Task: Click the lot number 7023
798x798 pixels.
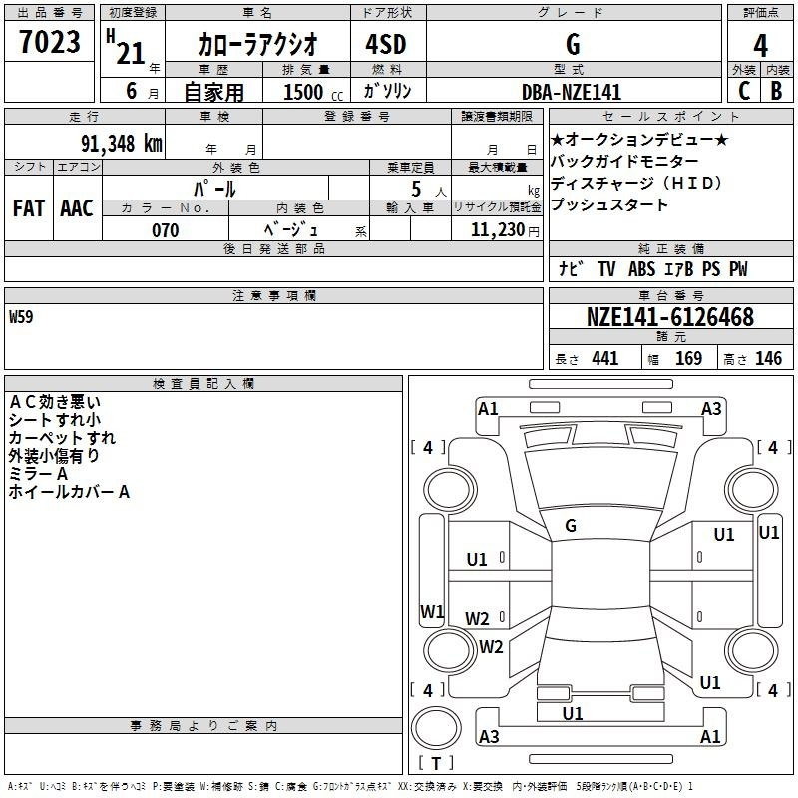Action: (50, 41)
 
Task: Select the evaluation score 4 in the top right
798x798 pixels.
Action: (760, 46)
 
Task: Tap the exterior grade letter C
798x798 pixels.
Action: (744, 91)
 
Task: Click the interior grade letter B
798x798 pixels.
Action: (776, 91)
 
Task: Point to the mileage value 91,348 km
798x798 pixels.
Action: (122, 144)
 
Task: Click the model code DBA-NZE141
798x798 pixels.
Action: (572, 92)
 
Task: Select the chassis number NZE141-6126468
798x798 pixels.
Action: (670, 317)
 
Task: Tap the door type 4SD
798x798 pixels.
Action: (386, 44)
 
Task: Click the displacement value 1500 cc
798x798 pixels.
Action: (313, 92)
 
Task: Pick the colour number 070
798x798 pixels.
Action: (166, 230)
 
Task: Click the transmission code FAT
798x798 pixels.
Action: (29, 208)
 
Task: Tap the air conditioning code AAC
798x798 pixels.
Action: (77, 208)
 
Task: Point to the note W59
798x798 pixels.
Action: (21, 317)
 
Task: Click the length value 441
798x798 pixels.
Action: (605, 359)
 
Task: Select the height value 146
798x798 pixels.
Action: (768, 359)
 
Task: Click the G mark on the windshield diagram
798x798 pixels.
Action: (571, 526)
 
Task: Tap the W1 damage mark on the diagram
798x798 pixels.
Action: (432, 611)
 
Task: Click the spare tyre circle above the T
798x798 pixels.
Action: (436, 728)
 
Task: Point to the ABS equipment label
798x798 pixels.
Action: (641, 269)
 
